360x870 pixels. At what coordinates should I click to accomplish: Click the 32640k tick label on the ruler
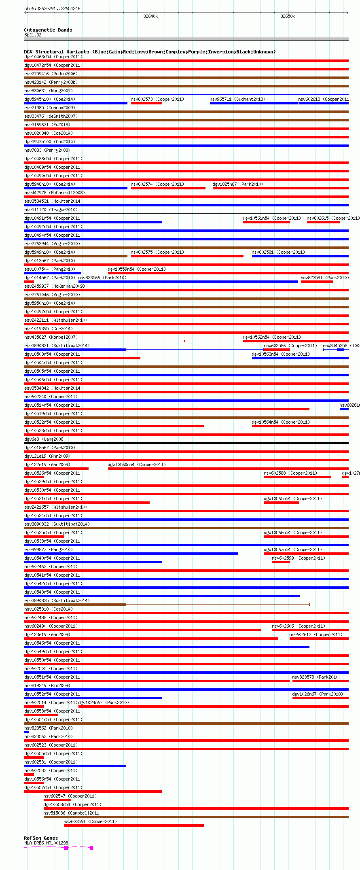[150, 17]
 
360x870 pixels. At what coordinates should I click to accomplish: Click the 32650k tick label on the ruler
[288, 17]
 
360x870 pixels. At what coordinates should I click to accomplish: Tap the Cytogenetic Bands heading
[48, 30]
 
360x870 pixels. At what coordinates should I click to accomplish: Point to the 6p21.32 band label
[33, 35]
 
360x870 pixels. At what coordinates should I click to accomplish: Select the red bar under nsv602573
[146, 103]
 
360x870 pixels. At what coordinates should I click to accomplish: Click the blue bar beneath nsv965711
[254, 103]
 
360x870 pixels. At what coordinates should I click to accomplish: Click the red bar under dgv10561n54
[266, 222]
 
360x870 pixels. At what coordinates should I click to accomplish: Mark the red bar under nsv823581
[317, 282]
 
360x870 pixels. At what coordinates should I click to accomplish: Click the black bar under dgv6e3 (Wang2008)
[186, 443]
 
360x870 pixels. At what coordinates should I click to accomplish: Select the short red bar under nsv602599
[281, 562]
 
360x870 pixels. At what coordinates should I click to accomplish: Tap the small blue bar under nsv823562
[26, 732]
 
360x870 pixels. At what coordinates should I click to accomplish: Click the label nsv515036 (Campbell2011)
[72, 813]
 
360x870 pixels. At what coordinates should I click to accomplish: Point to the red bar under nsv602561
[134, 825]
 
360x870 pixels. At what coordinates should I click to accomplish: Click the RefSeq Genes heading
[41, 838]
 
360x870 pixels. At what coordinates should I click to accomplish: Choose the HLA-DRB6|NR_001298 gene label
[46, 843]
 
